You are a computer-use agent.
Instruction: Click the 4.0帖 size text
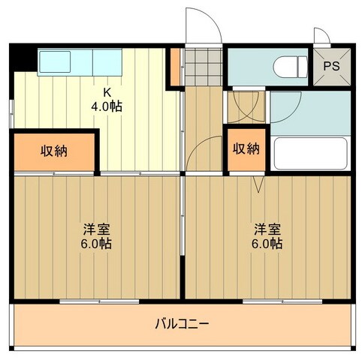pos(106,106)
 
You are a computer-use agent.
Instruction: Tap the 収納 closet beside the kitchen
pos(54,151)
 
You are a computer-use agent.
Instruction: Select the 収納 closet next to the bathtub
pos(245,149)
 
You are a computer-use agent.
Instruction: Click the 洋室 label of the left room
pos(97,229)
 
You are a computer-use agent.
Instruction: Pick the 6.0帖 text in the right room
pos(267,243)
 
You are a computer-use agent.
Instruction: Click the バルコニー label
pos(183,324)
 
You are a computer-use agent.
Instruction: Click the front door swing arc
pos(204,22)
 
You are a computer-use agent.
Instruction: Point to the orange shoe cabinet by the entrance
pos(176,67)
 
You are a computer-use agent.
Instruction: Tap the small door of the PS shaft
pos(321,38)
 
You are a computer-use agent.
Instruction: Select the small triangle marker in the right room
pos(258,181)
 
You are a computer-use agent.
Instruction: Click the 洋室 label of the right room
pos(267,229)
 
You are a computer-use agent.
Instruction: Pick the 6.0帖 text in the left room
pos(97,243)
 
